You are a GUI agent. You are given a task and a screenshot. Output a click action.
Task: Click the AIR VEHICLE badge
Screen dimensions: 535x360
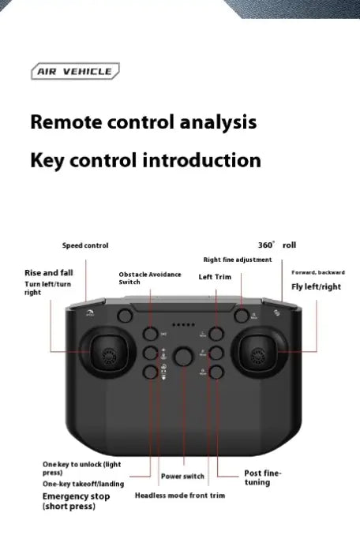coord(74,72)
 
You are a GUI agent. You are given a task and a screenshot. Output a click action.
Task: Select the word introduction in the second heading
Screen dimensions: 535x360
coord(201,161)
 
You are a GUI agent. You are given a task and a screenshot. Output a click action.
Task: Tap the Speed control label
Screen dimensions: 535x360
coord(85,246)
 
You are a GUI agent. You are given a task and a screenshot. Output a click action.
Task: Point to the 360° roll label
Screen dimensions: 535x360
coord(277,245)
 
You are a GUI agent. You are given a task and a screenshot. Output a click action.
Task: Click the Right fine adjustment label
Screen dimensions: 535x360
coord(237,260)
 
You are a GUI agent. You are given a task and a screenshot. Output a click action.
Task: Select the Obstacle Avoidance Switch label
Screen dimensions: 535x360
coord(150,278)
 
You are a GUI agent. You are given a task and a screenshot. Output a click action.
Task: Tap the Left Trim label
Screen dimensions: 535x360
coord(215,277)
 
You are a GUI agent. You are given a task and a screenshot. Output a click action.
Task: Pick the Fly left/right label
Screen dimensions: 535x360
coord(317,286)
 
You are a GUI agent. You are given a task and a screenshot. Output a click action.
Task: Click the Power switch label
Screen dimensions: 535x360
coord(182,477)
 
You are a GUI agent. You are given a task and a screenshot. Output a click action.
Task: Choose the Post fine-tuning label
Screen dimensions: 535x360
coord(261,477)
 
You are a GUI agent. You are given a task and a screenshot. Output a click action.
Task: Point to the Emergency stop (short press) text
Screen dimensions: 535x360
coord(76,501)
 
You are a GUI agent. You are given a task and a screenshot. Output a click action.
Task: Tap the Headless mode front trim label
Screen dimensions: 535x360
coord(180,496)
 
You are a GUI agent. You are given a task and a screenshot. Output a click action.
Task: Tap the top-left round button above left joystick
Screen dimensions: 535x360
coord(125,316)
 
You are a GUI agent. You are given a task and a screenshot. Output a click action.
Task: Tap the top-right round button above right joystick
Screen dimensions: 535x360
coord(241,316)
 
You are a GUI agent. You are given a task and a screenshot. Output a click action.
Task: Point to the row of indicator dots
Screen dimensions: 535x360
coord(183,324)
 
